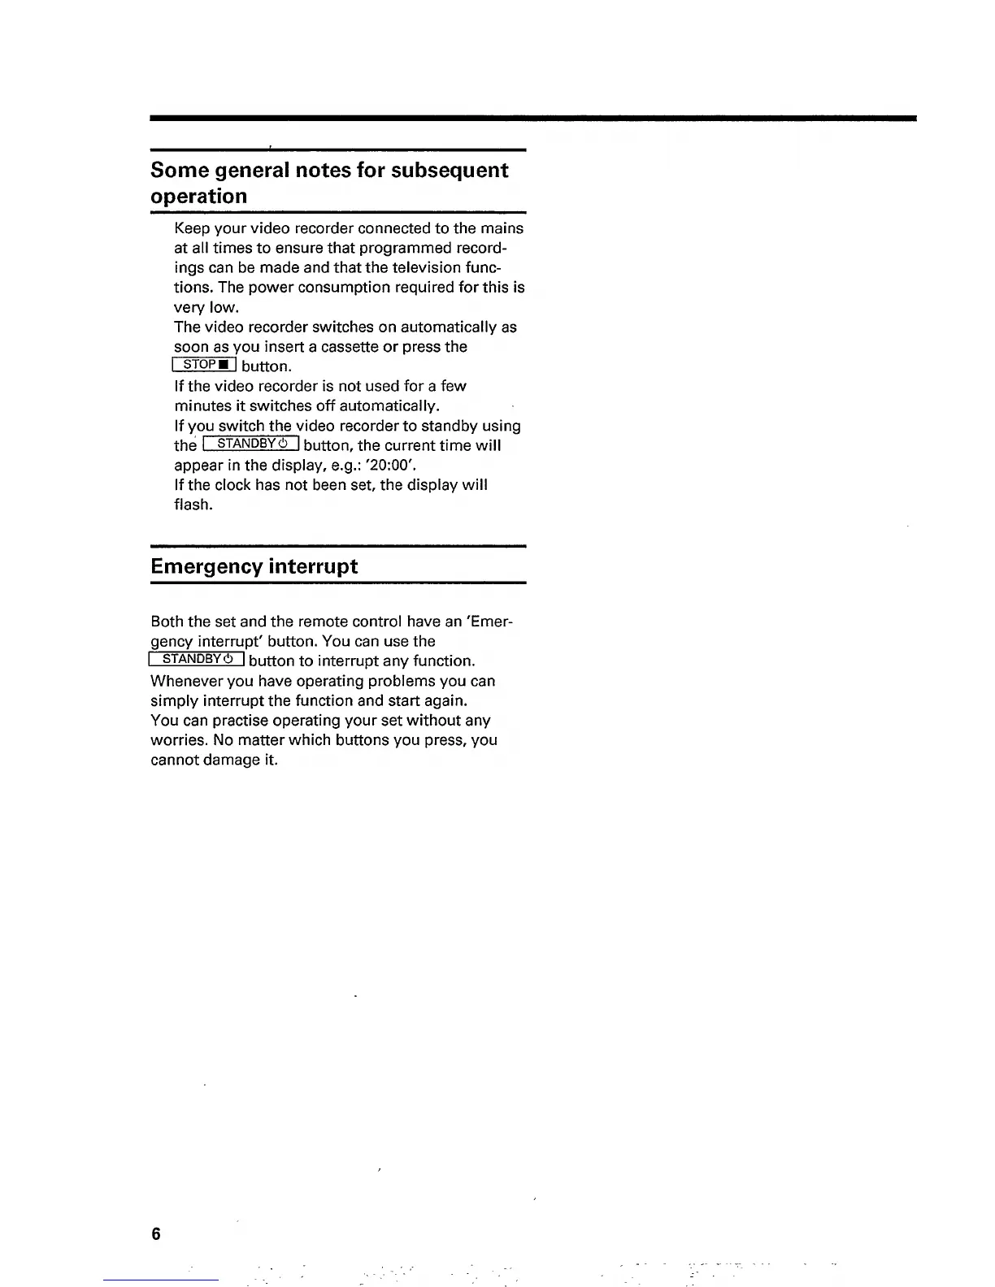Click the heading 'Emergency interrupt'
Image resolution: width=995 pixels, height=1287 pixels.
pyautogui.click(x=254, y=566)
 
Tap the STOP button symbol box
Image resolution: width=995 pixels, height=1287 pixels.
pyautogui.click(x=204, y=365)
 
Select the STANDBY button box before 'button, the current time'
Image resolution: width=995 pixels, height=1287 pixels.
pyautogui.click(x=251, y=444)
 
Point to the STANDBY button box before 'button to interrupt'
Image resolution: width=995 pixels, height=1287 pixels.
pyautogui.click(x=198, y=659)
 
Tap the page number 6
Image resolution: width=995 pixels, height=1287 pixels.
pyautogui.click(x=155, y=1234)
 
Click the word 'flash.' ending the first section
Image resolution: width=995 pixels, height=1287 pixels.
pyautogui.click(x=193, y=505)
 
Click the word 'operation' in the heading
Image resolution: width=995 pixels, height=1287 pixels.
pyautogui.click(x=199, y=197)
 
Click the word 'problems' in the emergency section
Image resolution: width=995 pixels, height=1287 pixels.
pyautogui.click(x=408, y=681)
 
